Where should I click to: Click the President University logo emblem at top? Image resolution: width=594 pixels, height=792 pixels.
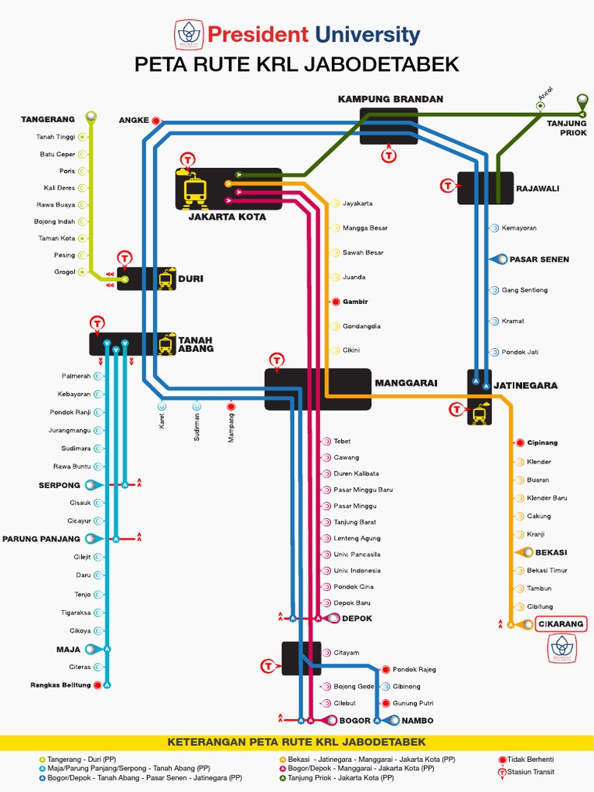(188, 34)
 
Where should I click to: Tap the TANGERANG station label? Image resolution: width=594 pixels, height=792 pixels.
(48, 119)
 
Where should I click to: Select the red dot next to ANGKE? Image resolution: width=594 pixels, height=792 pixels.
(156, 120)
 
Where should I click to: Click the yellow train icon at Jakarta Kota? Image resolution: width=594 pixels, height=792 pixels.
(195, 191)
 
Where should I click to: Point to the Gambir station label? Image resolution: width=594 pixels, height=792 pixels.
(356, 302)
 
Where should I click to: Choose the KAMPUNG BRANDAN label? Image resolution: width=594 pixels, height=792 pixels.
(391, 99)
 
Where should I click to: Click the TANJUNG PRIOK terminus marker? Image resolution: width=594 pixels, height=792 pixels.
(582, 100)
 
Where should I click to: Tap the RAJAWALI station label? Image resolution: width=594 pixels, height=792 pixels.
(538, 188)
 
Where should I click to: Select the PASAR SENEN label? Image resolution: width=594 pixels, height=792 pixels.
(539, 259)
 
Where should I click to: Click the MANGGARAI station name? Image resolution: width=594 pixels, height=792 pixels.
(406, 383)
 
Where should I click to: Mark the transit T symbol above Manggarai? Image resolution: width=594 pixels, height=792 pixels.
(278, 360)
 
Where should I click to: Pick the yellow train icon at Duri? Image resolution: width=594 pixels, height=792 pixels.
(166, 278)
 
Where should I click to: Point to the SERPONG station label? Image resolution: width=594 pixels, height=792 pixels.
(60, 485)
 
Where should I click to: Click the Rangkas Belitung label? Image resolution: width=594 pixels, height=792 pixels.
(61, 684)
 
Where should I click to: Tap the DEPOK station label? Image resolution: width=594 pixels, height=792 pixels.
(357, 618)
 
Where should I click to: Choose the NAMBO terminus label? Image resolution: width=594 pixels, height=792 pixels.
(418, 720)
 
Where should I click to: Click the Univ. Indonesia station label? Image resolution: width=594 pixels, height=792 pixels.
(357, 571)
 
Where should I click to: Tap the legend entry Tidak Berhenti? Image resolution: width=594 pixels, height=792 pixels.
(531, 760)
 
